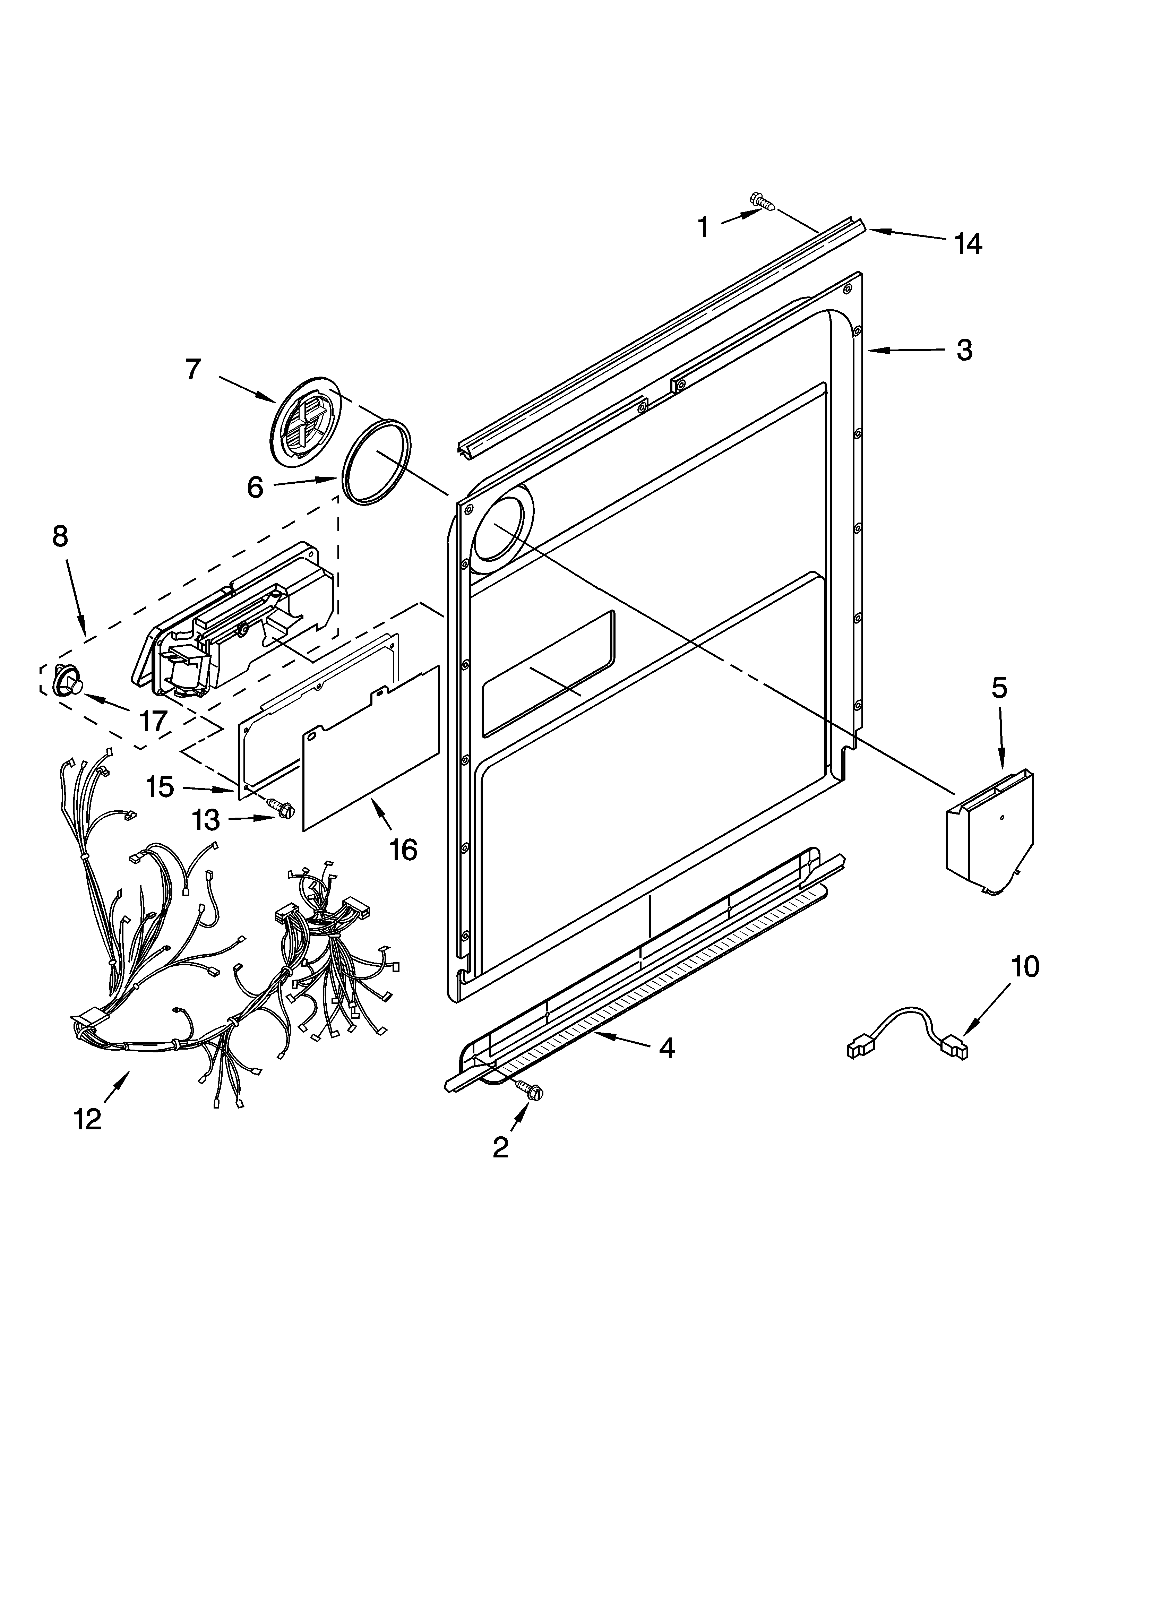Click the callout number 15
click(161, 787)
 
